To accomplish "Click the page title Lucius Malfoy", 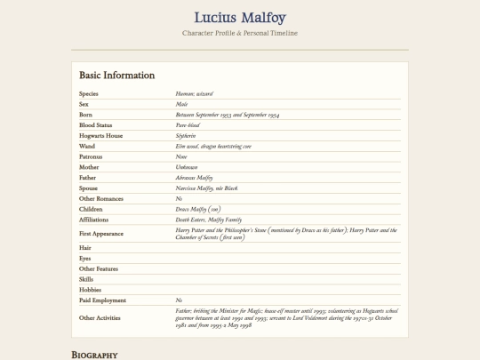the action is point(239,17).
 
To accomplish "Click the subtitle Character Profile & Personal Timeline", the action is point(239,33).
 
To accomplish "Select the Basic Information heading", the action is point(116,76).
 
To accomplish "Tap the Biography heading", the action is point(94,355).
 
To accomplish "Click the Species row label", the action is point(89,93).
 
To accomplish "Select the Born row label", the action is point(85,115).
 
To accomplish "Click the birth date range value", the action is point(228,115).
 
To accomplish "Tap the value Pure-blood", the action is point(188,125).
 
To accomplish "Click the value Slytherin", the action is point(186,136).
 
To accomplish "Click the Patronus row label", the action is point(91,156).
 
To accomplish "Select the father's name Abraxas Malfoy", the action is point(195,178).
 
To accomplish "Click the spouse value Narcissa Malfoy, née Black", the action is point(207,188).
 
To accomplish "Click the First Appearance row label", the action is point(101,234).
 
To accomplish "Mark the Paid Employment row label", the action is point(102,300).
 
